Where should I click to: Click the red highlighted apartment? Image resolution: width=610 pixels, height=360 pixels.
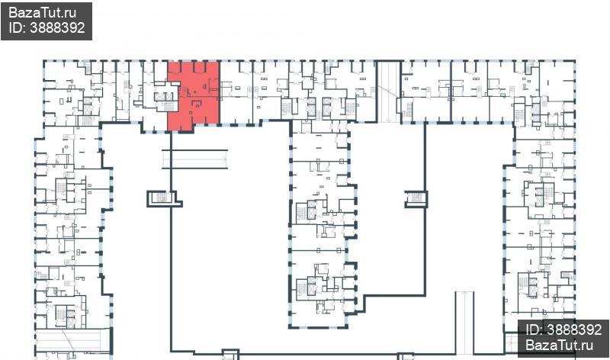(194, 96)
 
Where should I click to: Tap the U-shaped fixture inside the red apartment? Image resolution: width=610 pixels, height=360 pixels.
(197, 104)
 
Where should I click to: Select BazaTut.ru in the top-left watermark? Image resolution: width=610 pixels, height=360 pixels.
(43, 13)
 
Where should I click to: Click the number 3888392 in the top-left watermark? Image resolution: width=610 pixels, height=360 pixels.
(56, 27)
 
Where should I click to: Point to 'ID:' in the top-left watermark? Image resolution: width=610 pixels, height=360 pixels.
(17, 27)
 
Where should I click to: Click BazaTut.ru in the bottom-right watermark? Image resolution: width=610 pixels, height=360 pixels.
(560, 345)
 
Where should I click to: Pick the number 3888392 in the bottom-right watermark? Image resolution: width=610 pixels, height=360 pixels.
(574, 330)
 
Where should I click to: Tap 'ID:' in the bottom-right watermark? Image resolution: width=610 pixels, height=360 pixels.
(535, 330)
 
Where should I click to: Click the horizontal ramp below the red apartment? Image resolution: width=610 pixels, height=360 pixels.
(195, 159)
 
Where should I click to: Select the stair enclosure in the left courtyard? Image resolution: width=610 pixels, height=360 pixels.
(164, 198)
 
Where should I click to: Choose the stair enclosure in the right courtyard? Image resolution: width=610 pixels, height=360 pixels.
(416, 198)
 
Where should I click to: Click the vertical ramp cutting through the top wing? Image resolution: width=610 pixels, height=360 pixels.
(389, 92)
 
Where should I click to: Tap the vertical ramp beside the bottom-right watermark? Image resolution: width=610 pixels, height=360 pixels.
(464, 323)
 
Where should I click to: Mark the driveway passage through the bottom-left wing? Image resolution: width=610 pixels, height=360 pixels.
(72, 340)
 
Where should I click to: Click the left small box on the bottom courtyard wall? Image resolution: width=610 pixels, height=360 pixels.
(230, 355)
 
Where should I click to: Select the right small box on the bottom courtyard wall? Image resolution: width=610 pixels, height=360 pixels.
(406, 356)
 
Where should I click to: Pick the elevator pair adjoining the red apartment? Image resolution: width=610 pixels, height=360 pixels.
(164, 96)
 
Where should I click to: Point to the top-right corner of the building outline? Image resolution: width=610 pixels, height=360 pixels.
(575, 61)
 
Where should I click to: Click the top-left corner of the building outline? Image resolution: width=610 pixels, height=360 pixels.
(43, 61)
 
